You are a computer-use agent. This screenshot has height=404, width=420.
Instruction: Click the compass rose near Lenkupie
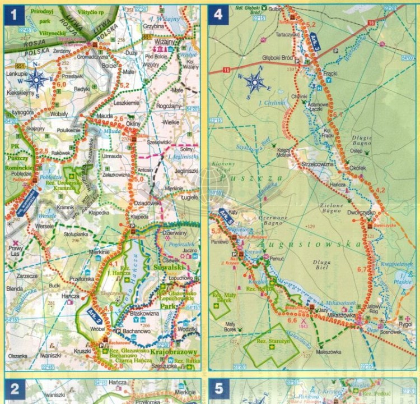point(37,80)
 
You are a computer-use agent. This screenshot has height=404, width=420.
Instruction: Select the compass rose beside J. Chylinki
point(255,82)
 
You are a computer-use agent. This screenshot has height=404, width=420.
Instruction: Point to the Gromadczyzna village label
point(92,57)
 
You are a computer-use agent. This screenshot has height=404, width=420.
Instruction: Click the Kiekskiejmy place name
point(22,93)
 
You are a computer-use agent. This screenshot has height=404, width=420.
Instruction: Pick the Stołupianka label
point(76,229)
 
